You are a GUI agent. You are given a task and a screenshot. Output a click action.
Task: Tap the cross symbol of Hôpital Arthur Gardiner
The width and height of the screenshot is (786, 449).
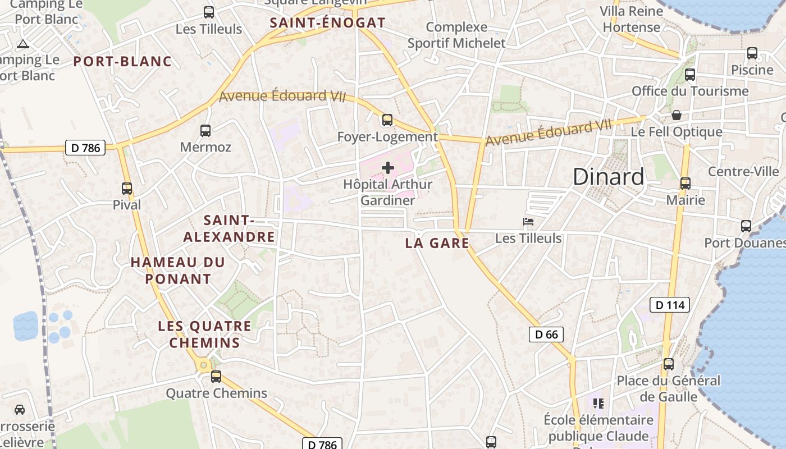click(x=388, y=167)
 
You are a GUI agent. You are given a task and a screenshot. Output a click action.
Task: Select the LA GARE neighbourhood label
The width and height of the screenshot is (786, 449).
click(x=437, y=243)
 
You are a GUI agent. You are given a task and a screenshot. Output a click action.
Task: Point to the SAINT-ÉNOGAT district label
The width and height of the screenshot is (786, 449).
click(x=327, y=23)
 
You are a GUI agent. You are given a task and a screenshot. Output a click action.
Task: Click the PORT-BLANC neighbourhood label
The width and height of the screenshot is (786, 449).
click(x=122, y=62)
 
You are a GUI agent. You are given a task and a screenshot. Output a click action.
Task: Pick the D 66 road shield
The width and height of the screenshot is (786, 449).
click(x=546, y=335)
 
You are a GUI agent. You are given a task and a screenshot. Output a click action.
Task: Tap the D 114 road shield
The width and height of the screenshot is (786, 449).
click(x=669, y=305)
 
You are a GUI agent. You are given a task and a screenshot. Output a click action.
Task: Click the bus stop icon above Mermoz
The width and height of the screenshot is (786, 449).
click(x=205, y=131)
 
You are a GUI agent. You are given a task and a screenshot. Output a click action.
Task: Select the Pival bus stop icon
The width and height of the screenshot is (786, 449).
click(x=127, y=189)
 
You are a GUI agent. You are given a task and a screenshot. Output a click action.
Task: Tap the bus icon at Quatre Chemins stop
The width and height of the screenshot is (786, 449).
click(x=216, y=377)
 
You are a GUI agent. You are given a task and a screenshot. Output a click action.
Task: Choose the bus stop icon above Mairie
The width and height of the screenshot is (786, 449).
click(x=685, y=184)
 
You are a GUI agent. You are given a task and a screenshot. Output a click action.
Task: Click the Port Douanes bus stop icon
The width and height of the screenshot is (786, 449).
click(x=746, y=226)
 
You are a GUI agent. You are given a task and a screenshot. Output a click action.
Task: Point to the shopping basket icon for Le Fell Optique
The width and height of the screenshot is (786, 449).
click(x=677, y=115)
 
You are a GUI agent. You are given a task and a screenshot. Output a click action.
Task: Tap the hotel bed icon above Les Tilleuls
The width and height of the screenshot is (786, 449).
click(x=528, y=222)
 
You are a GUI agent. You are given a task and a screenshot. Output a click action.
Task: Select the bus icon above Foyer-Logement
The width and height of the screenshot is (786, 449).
click(x=387, y=120)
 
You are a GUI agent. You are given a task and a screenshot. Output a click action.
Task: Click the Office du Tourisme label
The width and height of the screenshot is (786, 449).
click(x=690, y=91)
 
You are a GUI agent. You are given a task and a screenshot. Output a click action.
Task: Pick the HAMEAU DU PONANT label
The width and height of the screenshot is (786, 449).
click(x=178, y=270)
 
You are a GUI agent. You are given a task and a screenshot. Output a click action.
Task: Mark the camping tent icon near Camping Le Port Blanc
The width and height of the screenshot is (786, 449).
click(x=22, y=44)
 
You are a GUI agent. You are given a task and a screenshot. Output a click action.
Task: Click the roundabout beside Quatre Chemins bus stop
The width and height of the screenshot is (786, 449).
click(x=203, y=366)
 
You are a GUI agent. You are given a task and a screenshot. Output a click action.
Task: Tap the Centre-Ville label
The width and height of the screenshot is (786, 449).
click(x=743, y=171)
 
